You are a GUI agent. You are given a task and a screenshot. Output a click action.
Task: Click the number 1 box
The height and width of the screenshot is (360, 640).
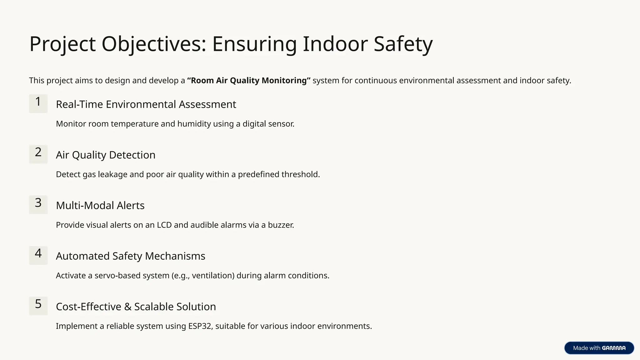(38, 103)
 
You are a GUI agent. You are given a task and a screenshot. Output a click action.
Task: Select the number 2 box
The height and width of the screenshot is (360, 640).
(38, 154)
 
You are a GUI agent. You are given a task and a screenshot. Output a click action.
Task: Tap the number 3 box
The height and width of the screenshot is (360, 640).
(38, 205)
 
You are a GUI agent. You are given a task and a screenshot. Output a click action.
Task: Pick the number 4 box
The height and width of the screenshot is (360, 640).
(38, 255)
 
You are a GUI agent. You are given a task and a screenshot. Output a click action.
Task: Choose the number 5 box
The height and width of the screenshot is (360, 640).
(38, 306)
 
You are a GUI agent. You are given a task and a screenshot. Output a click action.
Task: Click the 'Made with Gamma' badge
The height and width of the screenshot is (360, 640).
(599, 348)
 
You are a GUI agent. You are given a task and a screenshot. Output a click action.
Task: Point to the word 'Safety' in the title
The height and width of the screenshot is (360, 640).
(403, 44)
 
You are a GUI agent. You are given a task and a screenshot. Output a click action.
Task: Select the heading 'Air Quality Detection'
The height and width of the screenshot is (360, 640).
(106, 155)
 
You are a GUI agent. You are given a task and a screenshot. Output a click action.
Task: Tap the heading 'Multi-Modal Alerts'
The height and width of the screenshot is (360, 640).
(100, 206)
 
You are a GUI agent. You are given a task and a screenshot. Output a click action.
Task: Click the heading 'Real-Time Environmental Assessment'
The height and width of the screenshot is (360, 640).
(146, 104)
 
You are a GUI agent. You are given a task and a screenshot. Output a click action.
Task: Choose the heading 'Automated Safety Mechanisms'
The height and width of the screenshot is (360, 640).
(131, 256)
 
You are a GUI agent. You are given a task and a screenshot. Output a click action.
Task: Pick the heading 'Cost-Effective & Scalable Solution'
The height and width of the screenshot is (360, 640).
(136, 307)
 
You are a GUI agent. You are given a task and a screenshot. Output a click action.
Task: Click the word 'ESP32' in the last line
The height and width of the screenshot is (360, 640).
(200, 326)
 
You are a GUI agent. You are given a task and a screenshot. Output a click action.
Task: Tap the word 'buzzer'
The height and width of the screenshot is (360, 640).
(280, 225)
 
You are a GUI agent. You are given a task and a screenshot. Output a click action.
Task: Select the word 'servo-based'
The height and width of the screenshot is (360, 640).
(116, 276)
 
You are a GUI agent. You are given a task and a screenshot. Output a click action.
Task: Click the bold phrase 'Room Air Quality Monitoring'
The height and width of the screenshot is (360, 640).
(249, 81)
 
